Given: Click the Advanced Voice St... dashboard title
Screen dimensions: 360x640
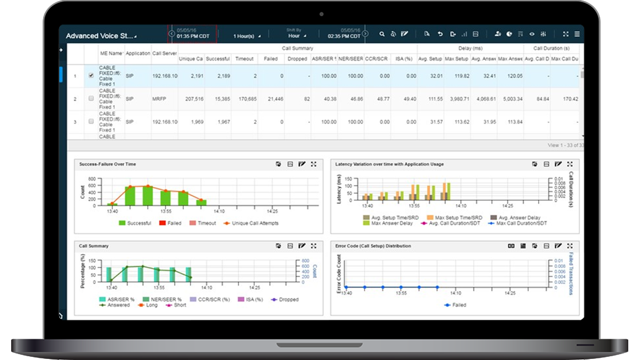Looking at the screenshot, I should point(99,36).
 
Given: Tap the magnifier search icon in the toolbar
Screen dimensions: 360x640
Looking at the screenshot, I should point(382,34).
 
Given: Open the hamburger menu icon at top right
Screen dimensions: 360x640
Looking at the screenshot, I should point(577,34).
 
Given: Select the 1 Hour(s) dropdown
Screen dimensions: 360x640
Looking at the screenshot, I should point(247,36).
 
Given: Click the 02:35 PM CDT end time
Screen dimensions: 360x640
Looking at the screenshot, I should point(341,36).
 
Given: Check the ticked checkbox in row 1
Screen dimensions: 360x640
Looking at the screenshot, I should point(91,76).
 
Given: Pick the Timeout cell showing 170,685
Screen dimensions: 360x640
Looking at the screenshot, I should point(245,99).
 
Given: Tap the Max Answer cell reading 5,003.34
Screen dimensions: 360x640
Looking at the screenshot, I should point(510,99).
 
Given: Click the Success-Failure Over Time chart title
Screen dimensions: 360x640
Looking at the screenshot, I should point(107,164).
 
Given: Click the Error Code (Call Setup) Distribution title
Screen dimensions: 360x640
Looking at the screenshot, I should point(373,246).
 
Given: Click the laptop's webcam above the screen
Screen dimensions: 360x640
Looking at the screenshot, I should point(322,14).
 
